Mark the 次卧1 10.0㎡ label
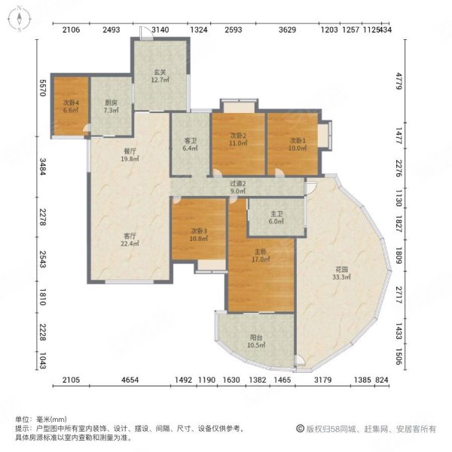coord(298,144)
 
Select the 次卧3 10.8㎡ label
coord(199,235)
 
